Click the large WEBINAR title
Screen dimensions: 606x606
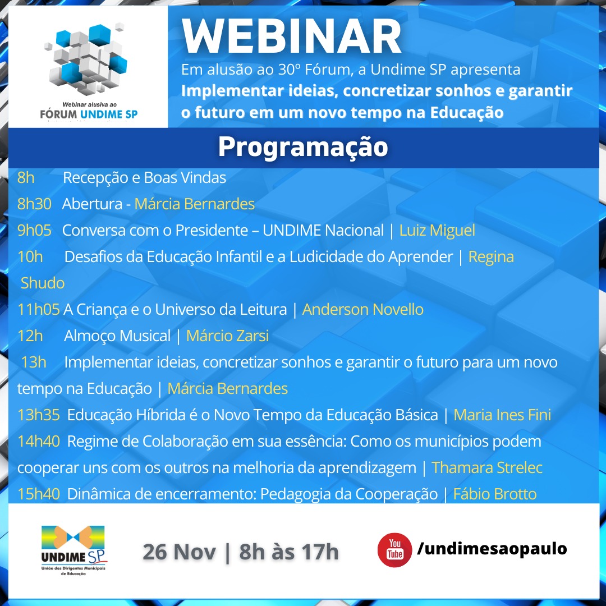[291, 36]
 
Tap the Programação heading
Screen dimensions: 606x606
[303, 147]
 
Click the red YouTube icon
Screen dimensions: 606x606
[394, 549]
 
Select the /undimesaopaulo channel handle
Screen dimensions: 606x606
[492, 549]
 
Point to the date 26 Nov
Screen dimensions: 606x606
[180, 552]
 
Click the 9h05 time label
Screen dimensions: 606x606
[34, 231]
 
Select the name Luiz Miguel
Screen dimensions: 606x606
[437, 231]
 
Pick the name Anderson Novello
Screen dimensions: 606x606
[363, 310]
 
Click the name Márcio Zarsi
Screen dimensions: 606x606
[228, 336]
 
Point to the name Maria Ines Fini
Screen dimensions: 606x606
[502, 415]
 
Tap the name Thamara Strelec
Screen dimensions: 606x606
[487, 467]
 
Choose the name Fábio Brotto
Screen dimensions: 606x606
[495, 494]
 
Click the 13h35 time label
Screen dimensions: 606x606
[39, 415]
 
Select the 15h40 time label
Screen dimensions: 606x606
[39, 494]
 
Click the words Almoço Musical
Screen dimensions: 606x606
[117, 336]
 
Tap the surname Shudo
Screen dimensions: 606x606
[43, 283]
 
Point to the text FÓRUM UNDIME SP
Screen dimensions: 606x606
[89, 114]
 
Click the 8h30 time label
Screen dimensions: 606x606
[34, 204]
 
